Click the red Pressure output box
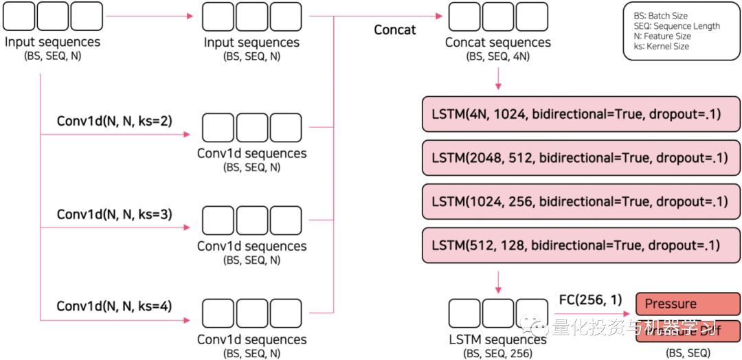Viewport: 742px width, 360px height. coord(688,304)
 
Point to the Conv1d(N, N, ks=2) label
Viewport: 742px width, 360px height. coord(115,121)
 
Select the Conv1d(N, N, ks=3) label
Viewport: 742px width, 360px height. coord(115,214)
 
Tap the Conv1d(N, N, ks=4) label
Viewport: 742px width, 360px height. coord(115,306)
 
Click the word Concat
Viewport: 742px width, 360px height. coord(395,30)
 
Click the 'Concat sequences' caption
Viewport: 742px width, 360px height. coord(498,43)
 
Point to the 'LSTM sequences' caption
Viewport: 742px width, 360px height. coord(498,339)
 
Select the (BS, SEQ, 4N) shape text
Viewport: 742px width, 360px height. coord(498,56)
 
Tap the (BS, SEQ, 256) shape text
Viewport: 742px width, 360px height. coord(498,353)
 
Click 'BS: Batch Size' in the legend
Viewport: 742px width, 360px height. coord(660,16)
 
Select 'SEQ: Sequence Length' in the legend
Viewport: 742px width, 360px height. coord(677,26)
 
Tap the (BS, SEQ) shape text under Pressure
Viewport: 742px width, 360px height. coord(688,352)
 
